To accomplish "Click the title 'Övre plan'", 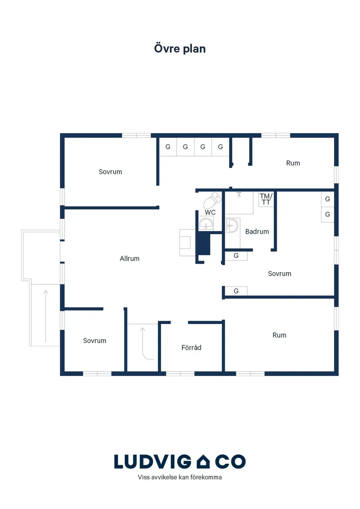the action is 180,49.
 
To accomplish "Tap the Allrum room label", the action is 130,258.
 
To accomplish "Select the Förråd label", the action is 192,347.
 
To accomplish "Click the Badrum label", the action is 257,232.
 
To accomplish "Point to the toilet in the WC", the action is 212,200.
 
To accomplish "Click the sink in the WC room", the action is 206,223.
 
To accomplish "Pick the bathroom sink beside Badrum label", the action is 232,225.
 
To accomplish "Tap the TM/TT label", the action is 266,199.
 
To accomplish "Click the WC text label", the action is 210,212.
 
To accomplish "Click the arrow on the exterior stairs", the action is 46,316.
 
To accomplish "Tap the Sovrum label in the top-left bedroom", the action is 110,172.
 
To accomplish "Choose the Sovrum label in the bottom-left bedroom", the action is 95,341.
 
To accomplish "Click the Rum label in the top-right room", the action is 293,163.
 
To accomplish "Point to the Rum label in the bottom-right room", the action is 279,335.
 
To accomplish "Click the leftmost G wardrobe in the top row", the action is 168,147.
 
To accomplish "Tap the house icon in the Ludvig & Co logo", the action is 203,461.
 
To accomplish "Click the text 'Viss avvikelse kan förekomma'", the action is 180,477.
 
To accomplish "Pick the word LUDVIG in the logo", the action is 153,461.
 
